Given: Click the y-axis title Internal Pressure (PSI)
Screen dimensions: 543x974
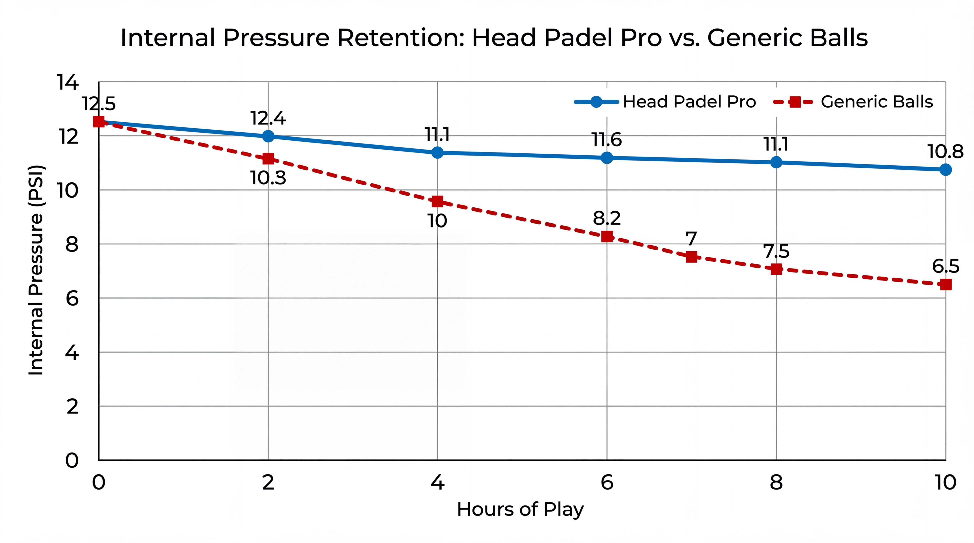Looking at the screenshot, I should click(36, 270).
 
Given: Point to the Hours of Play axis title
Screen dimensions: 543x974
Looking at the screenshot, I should click(520, 510).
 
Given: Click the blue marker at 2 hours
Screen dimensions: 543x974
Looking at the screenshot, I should click(268, 136).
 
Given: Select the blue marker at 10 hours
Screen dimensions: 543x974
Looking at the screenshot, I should click(945, 170).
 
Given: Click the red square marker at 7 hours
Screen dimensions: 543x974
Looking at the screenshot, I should click(692, 257).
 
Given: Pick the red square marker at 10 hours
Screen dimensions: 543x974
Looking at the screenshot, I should click(945, 284).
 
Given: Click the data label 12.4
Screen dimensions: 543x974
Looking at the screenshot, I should click(268, 118).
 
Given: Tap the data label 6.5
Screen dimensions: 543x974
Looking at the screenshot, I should click(945, 267).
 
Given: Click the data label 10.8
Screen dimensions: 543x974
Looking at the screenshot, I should click(945, 152).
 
